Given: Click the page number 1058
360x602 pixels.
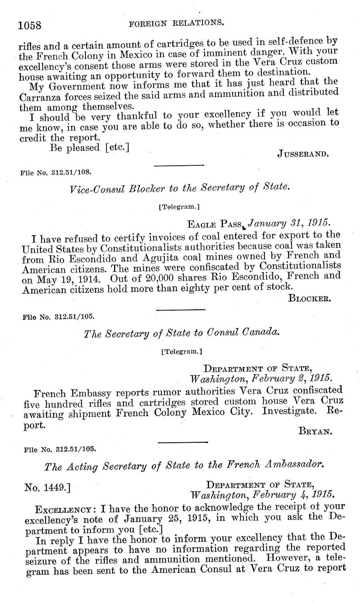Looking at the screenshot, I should point(30,25).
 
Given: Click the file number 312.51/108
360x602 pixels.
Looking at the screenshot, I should point(56,172).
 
